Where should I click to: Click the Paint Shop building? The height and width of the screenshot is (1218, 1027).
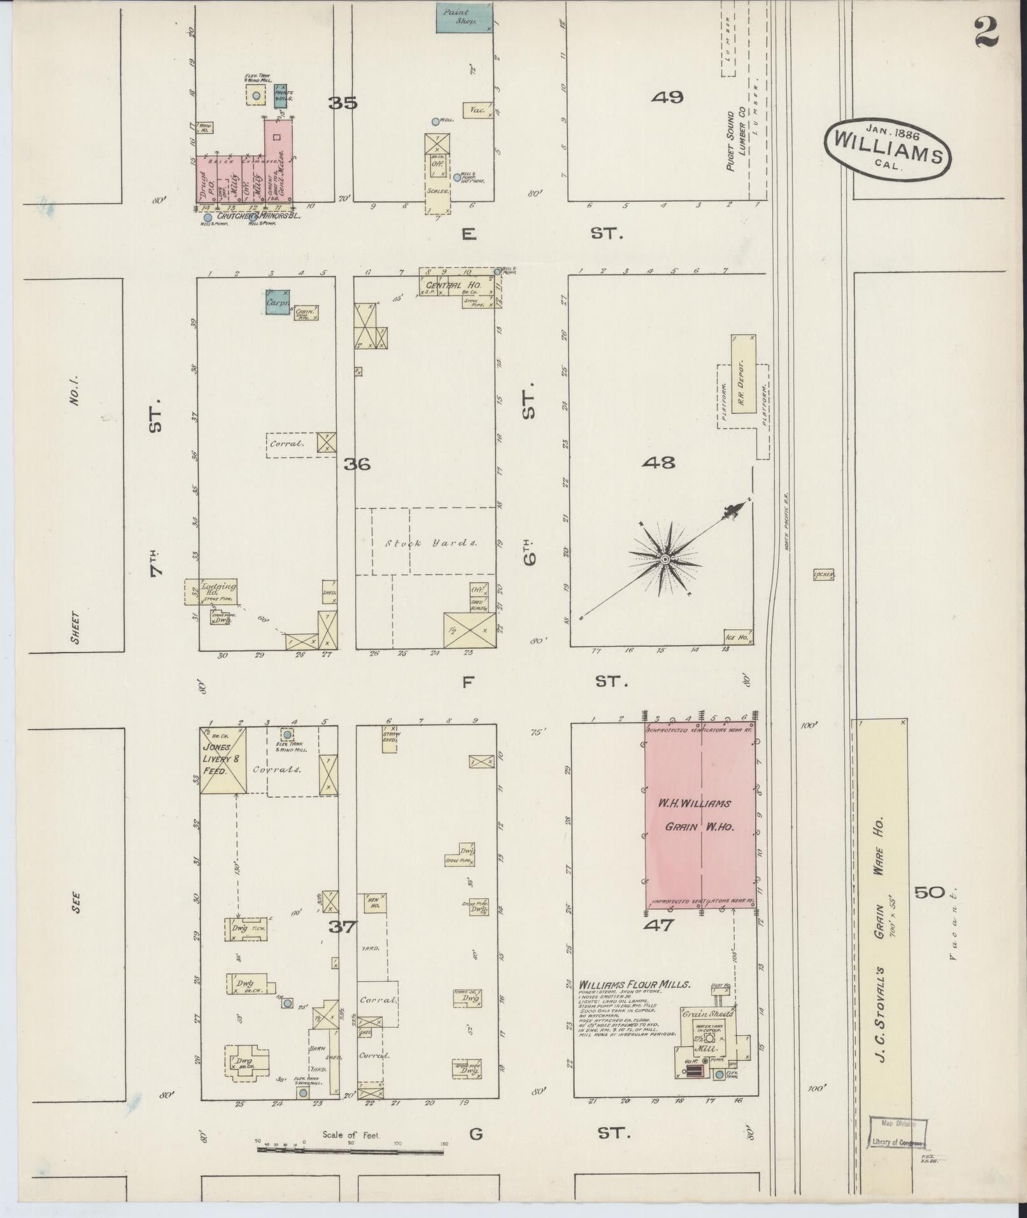tap(464, 17)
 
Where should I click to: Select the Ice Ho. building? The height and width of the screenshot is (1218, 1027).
tap(737, 637)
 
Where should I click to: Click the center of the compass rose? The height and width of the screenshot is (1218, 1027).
tap(665, 558)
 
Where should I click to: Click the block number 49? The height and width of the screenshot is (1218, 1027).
tap(668, 97)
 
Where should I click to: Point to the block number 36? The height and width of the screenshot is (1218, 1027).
tap(357, 465)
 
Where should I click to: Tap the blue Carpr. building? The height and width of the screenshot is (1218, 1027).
tap(278, 302)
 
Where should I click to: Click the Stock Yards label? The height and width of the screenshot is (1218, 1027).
tap(430, 543)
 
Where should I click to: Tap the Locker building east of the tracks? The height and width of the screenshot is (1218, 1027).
tap(823, 575)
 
